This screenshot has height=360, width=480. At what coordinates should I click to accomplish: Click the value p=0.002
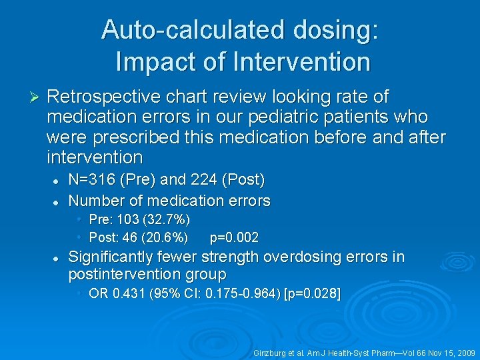tap(234, 237)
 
